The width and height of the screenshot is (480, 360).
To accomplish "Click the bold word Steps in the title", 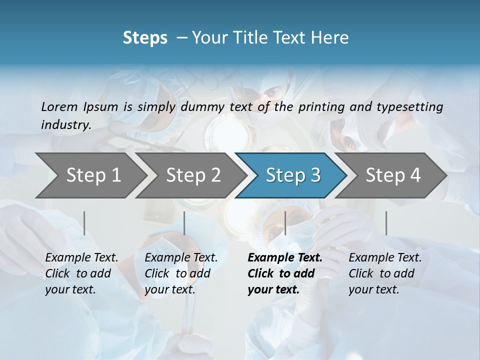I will [145, 38].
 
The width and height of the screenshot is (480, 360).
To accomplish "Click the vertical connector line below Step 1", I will [84, 223].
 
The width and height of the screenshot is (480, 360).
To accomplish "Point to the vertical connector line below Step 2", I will [184, 223].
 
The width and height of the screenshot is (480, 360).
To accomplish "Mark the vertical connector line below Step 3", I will [285, 223].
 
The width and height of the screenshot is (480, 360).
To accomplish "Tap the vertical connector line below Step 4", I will [386, 223].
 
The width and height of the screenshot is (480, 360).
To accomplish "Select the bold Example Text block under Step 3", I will [285, 273].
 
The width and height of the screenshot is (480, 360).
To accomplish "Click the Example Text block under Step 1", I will [81, 273].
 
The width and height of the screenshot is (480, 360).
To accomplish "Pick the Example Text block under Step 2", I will [181, 273].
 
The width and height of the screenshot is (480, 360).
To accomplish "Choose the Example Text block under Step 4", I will [385, 273].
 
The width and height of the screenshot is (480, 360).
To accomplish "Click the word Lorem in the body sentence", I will [59, 107].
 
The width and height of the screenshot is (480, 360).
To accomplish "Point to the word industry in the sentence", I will [66, 125].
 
